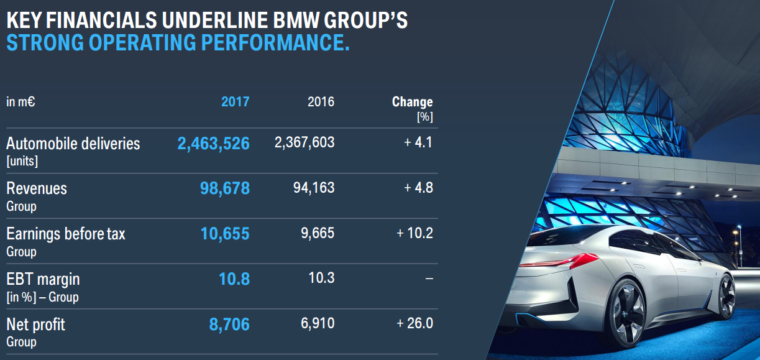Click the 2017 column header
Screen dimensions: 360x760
click(x=235, y=101)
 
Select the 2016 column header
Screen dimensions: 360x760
click(x=321, y=101)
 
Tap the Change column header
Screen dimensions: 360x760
click(x=412, y=102)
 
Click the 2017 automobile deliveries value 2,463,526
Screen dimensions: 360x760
click(x=213, y=144)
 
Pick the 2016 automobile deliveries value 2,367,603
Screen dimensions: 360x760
click(x=304, y=143)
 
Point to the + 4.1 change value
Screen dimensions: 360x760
click(x=418, y=143)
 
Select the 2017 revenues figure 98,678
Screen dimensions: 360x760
click(x=224, y=188)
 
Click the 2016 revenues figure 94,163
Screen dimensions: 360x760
click(x=313, y=188)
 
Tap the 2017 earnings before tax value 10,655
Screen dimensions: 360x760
click(x=224, y=234)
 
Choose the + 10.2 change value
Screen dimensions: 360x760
click(x=414, y=233)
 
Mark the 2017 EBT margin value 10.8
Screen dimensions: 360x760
click(x=234, y=279)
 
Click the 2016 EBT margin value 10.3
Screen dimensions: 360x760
click(x=321, y=277)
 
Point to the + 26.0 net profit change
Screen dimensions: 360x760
click(x=414, y=323)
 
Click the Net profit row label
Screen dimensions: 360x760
click(x=35, y=325)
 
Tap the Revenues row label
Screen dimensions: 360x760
click(x=36, y=188)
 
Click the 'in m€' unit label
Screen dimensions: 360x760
click(x=21, y=101)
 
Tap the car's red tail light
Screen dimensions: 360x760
click(x=575, y=259)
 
